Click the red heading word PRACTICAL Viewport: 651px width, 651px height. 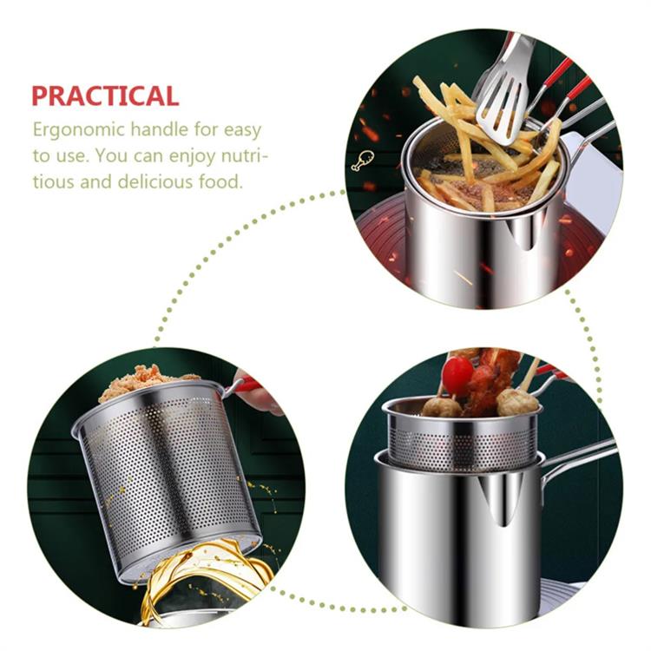[105, 95]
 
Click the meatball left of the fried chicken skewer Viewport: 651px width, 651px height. [441, 405]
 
